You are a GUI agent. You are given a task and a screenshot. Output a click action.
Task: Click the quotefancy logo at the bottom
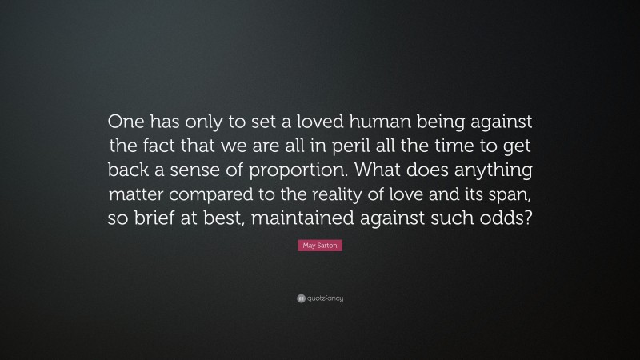[320, 298]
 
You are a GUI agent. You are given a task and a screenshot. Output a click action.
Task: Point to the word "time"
[474, 146]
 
